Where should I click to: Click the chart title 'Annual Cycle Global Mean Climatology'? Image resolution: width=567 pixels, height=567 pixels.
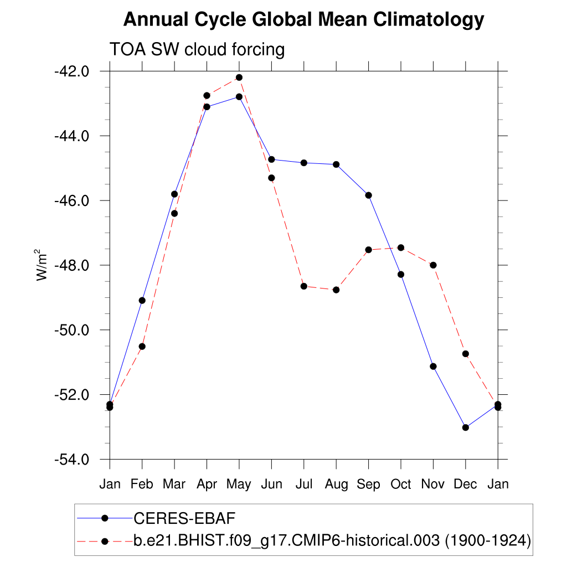point(303,20)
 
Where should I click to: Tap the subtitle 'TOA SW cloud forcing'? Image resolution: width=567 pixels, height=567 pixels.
point(197,49)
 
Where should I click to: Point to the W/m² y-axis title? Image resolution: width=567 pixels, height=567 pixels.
point(42,265)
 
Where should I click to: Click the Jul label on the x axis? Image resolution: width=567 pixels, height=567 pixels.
point(303,484)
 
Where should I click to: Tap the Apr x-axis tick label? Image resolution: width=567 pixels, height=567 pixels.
point(207,484)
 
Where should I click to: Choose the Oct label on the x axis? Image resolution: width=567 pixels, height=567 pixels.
point(400,484)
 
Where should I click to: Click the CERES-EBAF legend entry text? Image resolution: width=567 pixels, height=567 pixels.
point(185,518)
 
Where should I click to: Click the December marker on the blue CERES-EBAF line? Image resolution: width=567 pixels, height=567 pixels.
point(465,427)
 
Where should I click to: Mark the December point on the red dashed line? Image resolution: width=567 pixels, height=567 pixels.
point(465,354)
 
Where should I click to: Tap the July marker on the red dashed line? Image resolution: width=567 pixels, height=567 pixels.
point(303,286)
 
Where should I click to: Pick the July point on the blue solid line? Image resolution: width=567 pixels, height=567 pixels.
point(303,163)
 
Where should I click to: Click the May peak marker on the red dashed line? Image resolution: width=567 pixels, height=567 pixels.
point(239,78)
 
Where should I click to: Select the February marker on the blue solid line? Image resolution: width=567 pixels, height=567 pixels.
point(142,300)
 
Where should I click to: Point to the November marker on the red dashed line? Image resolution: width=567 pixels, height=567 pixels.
point(433,265)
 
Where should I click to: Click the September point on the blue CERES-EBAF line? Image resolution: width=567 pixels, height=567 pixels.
point(368,195)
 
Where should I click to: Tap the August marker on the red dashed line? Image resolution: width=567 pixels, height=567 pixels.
point(336,290)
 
